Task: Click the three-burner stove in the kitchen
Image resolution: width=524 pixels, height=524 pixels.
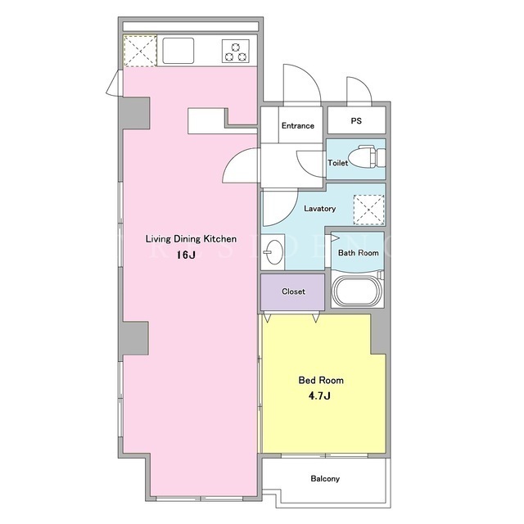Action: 236,51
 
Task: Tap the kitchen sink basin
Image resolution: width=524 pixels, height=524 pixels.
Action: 178,51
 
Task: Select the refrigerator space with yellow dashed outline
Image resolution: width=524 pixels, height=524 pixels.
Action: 140,51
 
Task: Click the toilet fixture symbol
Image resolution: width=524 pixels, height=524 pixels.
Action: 367,156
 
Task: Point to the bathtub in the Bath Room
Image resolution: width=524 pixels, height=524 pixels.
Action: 358,290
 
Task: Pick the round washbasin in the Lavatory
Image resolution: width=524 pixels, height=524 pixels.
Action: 273,252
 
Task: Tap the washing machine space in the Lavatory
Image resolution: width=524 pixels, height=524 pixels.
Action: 369,210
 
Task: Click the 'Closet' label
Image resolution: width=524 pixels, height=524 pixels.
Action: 293,291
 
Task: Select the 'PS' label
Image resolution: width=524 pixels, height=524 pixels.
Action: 356,120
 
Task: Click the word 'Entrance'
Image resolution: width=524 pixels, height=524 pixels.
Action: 298,125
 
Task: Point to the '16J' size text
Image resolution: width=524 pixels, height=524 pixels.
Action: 186,255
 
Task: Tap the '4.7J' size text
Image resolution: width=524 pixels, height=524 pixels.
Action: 319,396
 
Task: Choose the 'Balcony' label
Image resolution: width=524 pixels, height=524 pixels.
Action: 325,479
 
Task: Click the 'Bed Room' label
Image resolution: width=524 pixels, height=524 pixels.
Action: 321,380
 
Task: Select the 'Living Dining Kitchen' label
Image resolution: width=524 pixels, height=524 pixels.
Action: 191,239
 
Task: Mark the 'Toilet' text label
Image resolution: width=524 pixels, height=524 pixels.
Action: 337,163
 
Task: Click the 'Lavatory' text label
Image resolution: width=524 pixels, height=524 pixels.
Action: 320,209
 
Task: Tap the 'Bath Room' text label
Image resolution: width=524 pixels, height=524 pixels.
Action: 359,253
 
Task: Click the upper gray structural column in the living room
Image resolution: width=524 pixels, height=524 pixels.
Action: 134,113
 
